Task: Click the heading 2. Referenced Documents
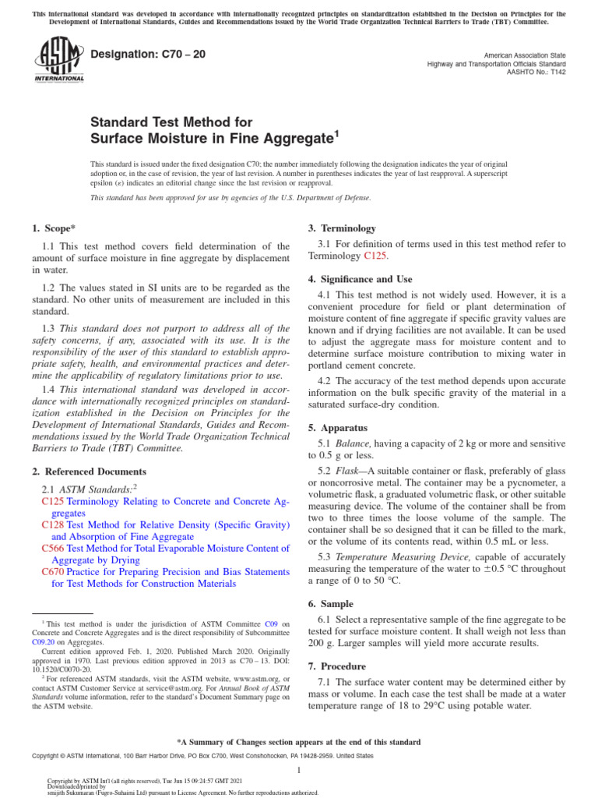pyautogui.click(x=89, y=471)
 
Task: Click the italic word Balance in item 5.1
pyautogui.click(x=354, y=443)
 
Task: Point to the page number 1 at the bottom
pyautogui.click(x=299, y=770)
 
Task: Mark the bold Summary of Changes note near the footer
pyautogui.click(x=299, y=742)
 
